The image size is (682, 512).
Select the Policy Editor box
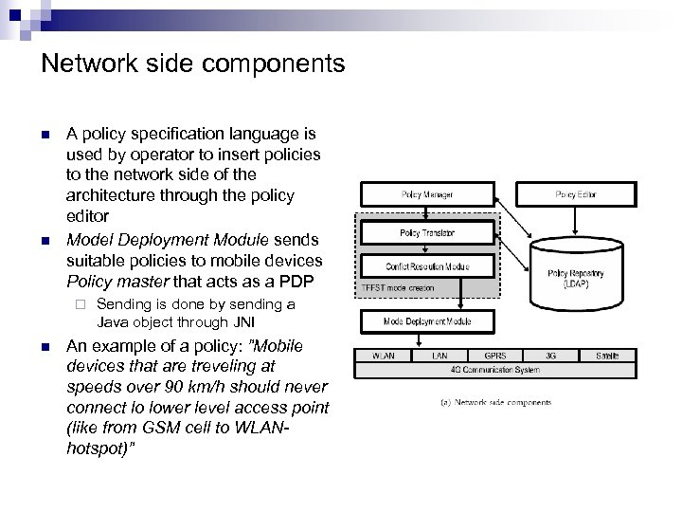click(x=576, y=195)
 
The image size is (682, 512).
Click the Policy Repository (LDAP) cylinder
click(x=571, y=275)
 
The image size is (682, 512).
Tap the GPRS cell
click(x=494, y=356)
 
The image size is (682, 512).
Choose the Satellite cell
click(x=607, y=356)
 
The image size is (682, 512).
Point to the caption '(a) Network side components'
click(x=495, y=402)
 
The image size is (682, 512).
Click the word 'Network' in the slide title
click(x=86, y=64)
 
